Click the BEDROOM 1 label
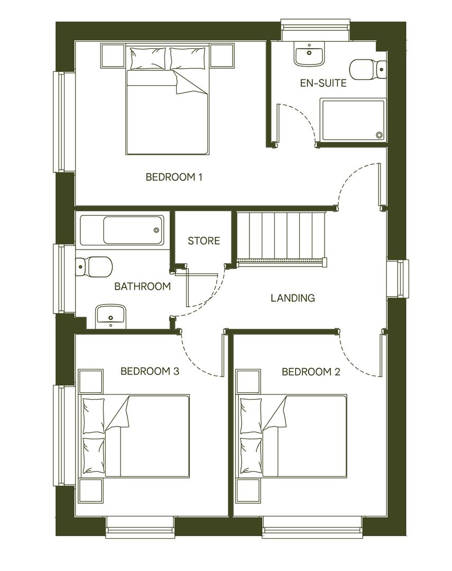point(174,177)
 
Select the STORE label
point(204,241)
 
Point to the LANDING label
point(292,298)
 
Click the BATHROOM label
point(142,287)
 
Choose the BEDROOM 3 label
point(150,371)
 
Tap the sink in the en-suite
point(309,54)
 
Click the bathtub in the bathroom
point(122,230)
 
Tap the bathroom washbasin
point(110,316)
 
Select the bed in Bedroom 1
point(168,106)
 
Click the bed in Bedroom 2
point(292,436)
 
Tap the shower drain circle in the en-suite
point(379,135)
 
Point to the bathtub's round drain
point(156,230)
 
